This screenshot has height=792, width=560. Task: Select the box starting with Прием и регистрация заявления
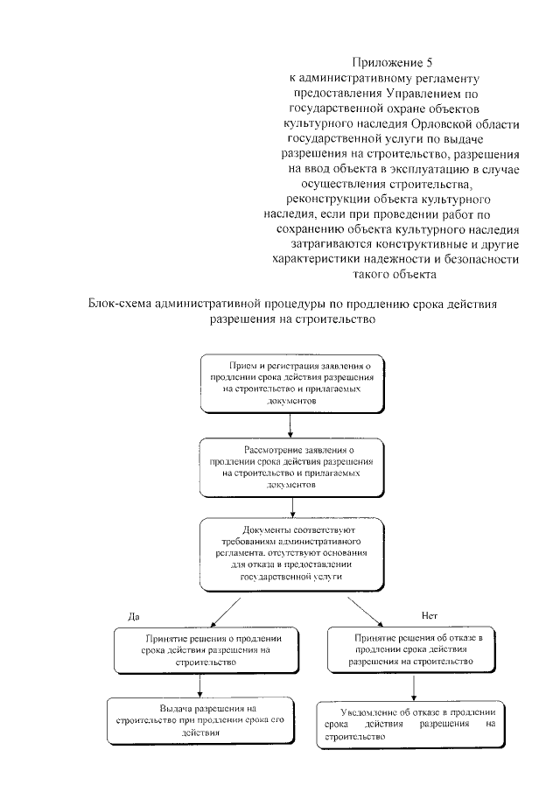pyautogui.click(x=291, y=382)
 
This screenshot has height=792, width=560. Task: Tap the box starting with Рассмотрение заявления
pyautogui.click(x=291, y=465)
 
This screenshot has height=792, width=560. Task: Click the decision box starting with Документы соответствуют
pyautogui.click(x=291, y=554)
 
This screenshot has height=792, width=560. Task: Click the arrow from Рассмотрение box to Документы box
pyautogui.click(x=290, y=506)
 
